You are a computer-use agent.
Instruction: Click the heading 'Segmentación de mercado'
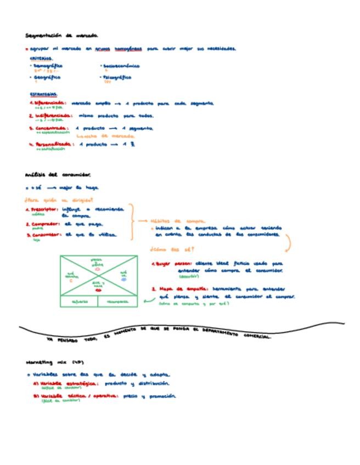click(61, 36)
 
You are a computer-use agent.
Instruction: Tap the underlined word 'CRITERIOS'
click(41, 58)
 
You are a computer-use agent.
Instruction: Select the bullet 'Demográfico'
click(48, 66)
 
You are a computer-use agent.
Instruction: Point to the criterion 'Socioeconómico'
click(121, 66)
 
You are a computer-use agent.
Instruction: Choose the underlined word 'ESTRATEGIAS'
click(43, 94)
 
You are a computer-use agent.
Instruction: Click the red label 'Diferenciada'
click(50, 103)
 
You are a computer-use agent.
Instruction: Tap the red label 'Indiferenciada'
click(52, 116)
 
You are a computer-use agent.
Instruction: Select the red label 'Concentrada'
click(50, 128)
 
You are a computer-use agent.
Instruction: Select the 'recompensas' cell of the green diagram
click(117, 302)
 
